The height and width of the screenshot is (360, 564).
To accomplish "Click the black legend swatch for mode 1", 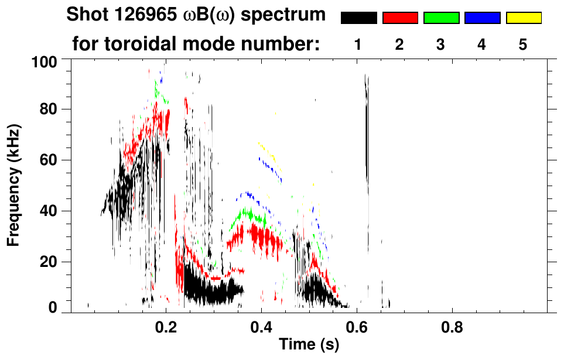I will click(358, 18).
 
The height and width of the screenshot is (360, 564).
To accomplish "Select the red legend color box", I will click(400, 18).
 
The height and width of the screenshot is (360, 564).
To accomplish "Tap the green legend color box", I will click(441, 18).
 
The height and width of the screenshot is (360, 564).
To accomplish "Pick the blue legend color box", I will click(482, 18).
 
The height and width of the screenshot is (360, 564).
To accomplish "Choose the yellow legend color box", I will click(524, 18).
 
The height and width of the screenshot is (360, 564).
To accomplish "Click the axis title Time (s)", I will click(309, 345).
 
